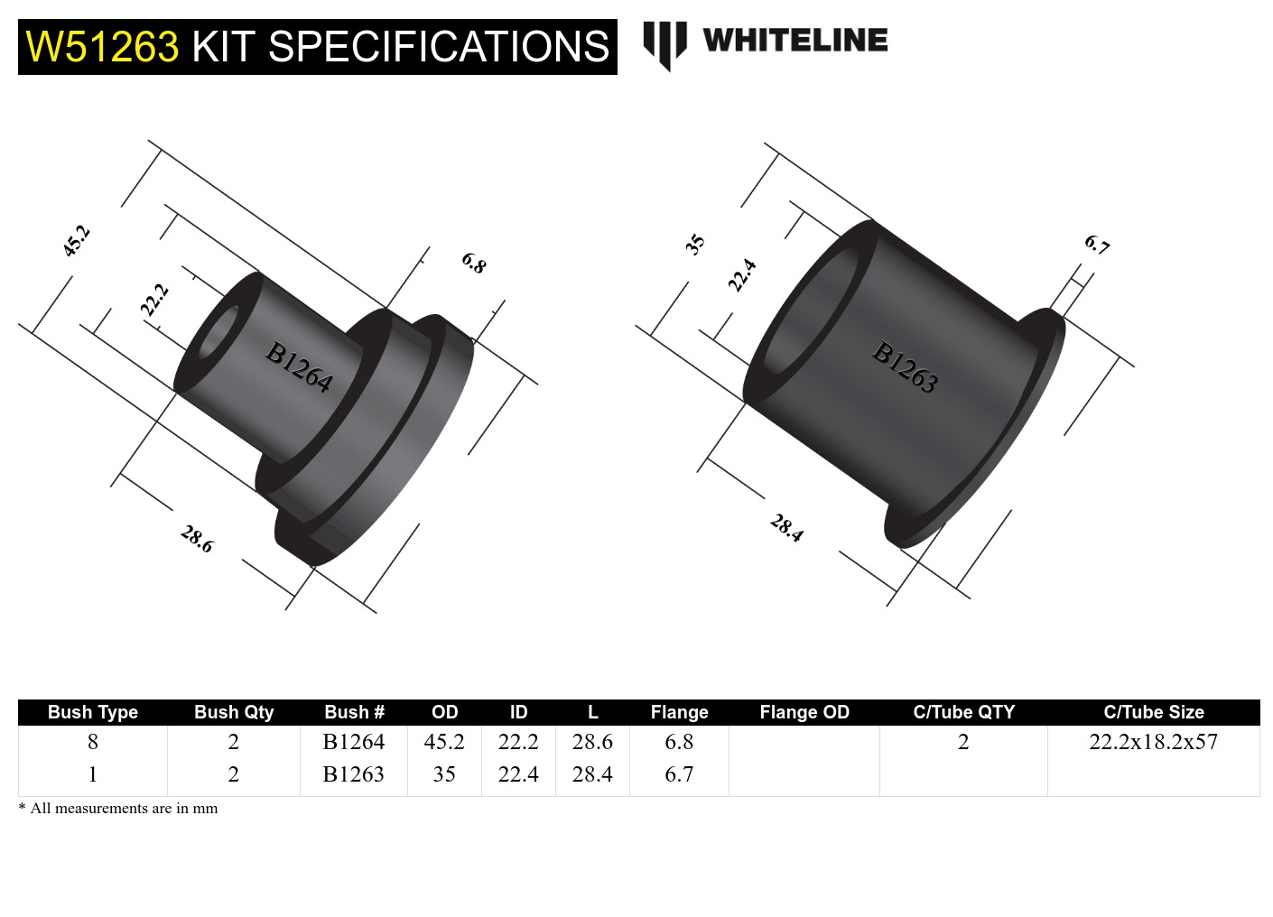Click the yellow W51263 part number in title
click(102, 47)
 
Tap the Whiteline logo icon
click(664, 43)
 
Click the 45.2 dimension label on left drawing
click(77, 241)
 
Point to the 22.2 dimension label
click(154, 300)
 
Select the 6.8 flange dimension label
click(474, 264)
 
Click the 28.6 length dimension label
click(197, 540)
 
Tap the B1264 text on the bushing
click(299, 367)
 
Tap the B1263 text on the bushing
click(905, 366)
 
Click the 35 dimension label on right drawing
click(694, 244)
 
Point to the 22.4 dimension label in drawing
click(742, 275)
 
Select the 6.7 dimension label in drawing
click(1097, 245)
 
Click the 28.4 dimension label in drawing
click(786, 528)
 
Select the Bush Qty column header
click(234, 712)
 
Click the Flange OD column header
click(804, 712)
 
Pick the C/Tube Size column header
click(1153, 712)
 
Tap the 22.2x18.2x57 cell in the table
click(1153, 742)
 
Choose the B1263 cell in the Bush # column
click(353, 774)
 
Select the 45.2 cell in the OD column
click(444, 742)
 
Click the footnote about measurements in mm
click(118, 809)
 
